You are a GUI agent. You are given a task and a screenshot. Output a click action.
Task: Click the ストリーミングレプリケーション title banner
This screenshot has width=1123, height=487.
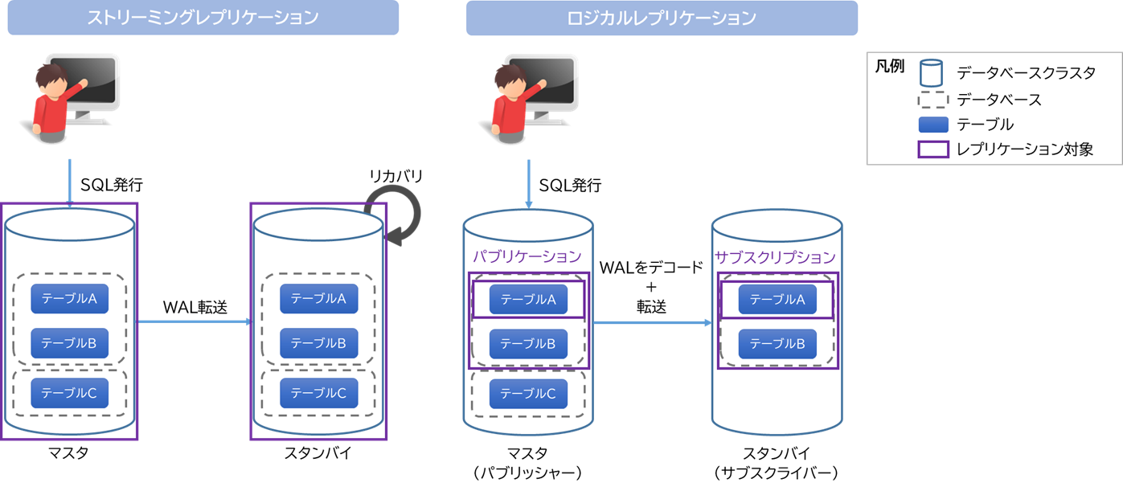(x=203, y=18)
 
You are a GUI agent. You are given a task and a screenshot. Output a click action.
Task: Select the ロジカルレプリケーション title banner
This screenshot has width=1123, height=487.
(x=662, y=18)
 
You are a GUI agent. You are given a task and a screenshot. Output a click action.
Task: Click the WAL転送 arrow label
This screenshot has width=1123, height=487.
(x=195, y=307)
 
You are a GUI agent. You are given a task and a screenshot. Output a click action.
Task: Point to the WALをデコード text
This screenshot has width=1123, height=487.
(x=652, y=266)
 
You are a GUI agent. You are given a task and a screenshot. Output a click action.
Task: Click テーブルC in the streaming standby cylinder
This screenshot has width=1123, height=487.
(x=318, y=393)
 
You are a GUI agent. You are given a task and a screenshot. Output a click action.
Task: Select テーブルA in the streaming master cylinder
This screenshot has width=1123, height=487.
(x=69, y=299)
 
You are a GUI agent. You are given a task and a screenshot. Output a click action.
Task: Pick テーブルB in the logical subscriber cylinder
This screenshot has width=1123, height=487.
(x=777, y=344)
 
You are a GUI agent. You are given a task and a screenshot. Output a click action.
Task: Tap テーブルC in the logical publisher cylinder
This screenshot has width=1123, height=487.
(x=528, y=394)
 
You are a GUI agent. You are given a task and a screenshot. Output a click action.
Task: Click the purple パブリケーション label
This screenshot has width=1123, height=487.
(x=527, y=257)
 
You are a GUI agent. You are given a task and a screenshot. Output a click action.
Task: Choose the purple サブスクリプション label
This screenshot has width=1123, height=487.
(x=776, y=257)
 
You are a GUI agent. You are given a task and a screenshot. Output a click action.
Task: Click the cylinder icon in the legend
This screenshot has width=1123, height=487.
(x=932, y=73)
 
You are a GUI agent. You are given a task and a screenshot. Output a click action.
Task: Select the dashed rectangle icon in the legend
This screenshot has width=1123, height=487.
(x=932, y=100)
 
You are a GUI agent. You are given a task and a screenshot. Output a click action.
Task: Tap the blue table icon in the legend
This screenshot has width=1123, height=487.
(x=932, y=125)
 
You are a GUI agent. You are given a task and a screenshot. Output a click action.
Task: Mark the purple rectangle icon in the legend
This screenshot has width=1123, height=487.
(x=932, y=149)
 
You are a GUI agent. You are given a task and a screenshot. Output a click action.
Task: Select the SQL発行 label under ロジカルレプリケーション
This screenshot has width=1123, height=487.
(x=570, y=186)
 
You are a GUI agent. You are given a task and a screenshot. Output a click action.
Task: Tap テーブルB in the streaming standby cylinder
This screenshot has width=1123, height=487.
(x=318, y=344)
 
